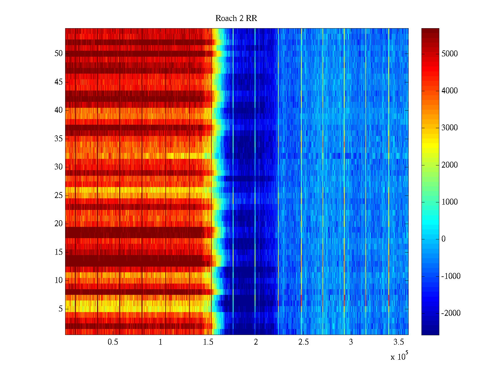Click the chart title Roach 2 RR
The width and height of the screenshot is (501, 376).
236,18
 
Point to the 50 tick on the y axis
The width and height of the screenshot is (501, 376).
59,54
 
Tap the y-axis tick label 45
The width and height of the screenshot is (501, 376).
59,82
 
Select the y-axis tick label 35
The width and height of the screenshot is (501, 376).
59,139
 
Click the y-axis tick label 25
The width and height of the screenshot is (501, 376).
59,196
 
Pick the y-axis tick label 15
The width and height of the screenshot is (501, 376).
59,252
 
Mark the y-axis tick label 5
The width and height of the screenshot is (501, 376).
60,309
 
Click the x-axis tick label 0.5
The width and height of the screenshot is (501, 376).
113,342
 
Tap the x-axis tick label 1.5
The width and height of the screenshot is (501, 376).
208,342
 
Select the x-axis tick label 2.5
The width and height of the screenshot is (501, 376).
303,342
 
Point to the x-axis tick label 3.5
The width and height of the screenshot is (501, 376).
399,342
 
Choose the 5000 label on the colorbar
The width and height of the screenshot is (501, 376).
449,54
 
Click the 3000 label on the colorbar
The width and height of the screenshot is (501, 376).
449,128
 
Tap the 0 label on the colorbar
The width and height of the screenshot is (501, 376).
443,239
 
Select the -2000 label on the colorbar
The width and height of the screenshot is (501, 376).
451,313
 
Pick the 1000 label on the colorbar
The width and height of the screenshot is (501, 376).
449,202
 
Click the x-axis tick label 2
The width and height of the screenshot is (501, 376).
256,342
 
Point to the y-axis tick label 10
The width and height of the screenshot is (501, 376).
59,280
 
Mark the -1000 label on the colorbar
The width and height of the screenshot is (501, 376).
451,276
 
